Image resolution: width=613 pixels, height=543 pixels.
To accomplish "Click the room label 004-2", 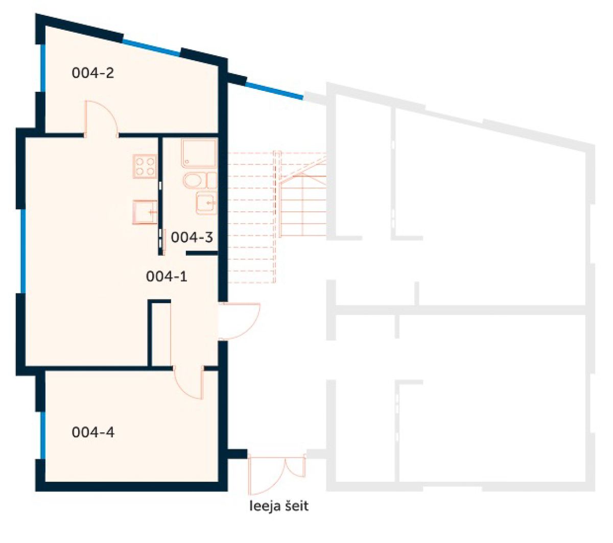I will [x=92, y=73].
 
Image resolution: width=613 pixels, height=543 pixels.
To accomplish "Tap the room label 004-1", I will [x=167, y=276].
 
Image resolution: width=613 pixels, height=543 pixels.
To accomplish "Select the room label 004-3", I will [x=192, y=237].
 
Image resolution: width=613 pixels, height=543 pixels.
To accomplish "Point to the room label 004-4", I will [x=93, y=432].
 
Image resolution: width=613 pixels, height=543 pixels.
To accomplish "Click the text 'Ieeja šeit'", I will [x=279, y=506].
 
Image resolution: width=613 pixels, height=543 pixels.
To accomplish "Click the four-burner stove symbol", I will [x=145, y=166].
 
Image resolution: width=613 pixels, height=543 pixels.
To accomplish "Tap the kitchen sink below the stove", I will [x=145, y=212].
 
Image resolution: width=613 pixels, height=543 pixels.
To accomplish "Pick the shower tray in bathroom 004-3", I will [x=199, y=153].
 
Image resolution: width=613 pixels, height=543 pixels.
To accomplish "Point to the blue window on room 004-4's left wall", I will [x=43, y=435].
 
